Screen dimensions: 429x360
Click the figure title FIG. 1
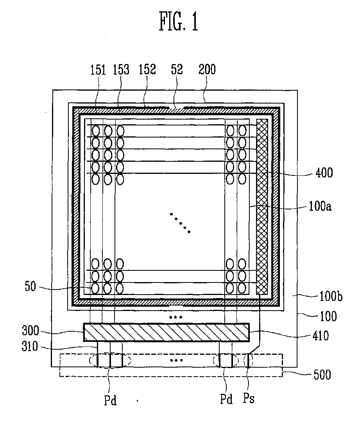179,22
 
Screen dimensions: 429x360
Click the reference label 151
98,70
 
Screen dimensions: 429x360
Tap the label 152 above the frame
147,70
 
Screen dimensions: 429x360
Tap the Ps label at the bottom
249,399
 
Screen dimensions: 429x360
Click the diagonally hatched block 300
167,332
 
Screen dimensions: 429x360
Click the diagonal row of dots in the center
180,223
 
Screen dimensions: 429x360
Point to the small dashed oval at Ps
248,360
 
